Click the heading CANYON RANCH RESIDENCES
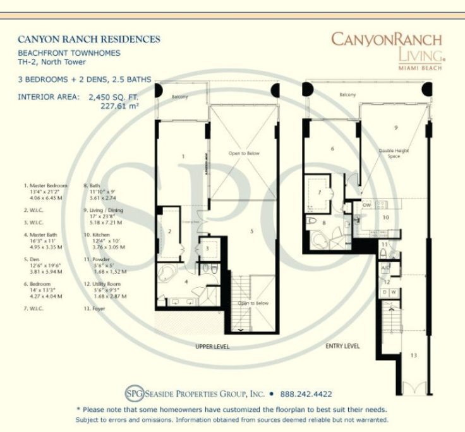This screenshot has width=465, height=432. [89, 39]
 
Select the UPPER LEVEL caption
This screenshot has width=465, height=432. [212, 347]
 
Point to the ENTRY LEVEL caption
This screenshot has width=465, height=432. [342, 346]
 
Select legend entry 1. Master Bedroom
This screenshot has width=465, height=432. [45, 186]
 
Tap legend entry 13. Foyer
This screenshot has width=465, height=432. [95, 309]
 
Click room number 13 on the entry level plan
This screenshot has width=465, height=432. [414, 356]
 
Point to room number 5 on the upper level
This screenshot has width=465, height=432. [251, 231]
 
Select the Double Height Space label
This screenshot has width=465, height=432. [391, 154]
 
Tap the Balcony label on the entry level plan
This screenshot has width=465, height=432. [347, 94]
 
